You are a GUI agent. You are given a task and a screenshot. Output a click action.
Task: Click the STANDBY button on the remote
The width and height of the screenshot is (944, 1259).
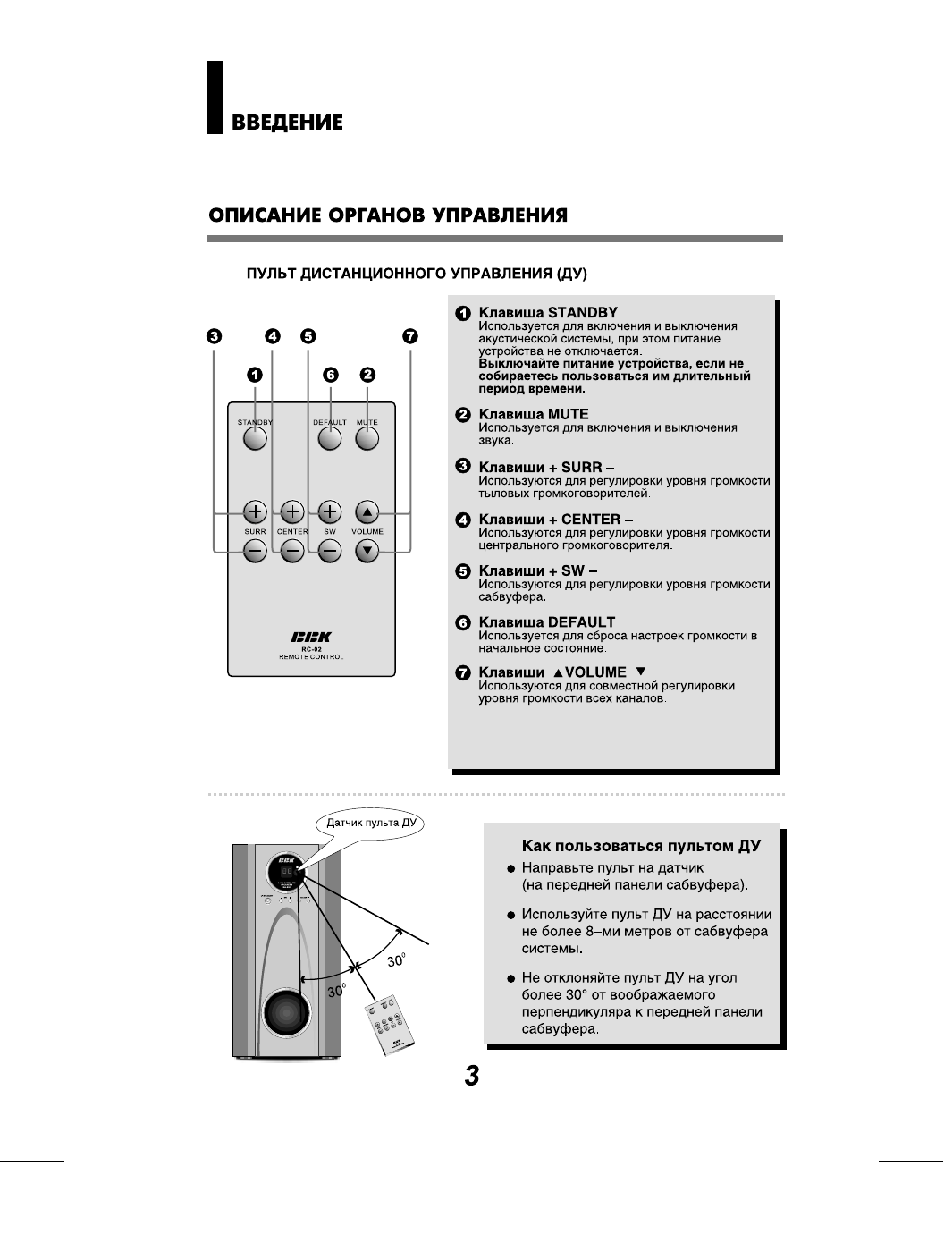tap(255, 439)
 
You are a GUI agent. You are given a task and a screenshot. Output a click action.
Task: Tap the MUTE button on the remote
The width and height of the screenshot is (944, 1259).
tap(367, 439)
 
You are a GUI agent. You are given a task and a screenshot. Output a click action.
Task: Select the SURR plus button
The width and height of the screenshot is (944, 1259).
tap(255, 511)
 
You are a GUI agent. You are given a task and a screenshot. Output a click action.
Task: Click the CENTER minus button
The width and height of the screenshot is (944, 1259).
tap(292, 552)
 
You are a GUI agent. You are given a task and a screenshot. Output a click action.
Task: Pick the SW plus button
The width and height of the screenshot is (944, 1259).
tap(330, 511)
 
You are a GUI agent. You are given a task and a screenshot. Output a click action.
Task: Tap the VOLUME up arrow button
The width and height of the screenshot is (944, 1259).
tap(367, 511)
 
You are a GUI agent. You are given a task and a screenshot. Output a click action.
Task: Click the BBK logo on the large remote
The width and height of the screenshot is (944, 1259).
tap(311, 637)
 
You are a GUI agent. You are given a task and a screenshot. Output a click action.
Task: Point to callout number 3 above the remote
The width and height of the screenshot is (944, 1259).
tap(214, 337)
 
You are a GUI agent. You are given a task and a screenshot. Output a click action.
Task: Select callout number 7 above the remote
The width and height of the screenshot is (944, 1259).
tap(409, 337)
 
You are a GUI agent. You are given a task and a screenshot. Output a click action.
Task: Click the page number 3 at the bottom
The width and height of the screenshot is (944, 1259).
tap(472, 1076)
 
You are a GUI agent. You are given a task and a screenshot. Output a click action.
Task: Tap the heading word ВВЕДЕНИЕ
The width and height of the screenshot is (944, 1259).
tap(287, 123)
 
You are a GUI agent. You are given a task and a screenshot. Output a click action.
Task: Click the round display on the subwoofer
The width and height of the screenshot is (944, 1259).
tap(285, 871)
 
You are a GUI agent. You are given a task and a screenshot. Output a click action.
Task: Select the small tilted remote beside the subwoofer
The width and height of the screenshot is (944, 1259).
tap(392, 1027)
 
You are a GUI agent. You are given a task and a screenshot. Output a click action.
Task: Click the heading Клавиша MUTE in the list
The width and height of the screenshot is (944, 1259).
tap(534, 414)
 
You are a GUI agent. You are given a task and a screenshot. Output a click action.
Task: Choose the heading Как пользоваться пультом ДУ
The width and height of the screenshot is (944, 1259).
tap(641, 845)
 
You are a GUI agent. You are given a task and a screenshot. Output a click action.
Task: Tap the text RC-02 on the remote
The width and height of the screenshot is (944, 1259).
tap(311, 649)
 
